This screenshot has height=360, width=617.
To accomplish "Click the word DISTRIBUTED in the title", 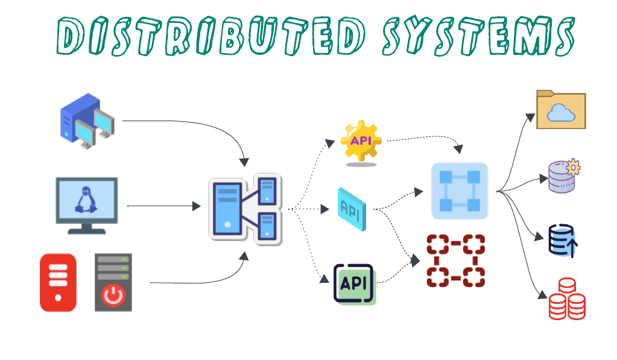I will (210, 36).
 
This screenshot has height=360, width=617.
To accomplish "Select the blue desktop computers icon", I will (87, 121).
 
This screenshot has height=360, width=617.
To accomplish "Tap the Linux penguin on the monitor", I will (86, 200).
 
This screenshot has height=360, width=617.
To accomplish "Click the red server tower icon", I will (58, 282).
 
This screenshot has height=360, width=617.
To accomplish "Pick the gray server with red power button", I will (113, 282).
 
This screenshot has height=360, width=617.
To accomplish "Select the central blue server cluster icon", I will (244, 209).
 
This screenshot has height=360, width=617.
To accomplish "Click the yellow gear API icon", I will (361, 141).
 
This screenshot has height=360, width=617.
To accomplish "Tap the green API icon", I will (355, 283).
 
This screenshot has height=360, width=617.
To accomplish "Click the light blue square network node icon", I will (460, 191).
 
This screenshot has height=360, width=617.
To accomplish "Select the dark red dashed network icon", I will (456, 261).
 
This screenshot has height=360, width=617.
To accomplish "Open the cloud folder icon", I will (561, 110).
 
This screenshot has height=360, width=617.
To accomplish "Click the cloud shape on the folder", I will (561, 113).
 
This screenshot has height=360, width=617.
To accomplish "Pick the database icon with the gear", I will (563, 176).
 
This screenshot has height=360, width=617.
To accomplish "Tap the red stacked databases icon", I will (566, 299).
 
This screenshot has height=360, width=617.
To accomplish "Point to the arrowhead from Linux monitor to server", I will (197, 206).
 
